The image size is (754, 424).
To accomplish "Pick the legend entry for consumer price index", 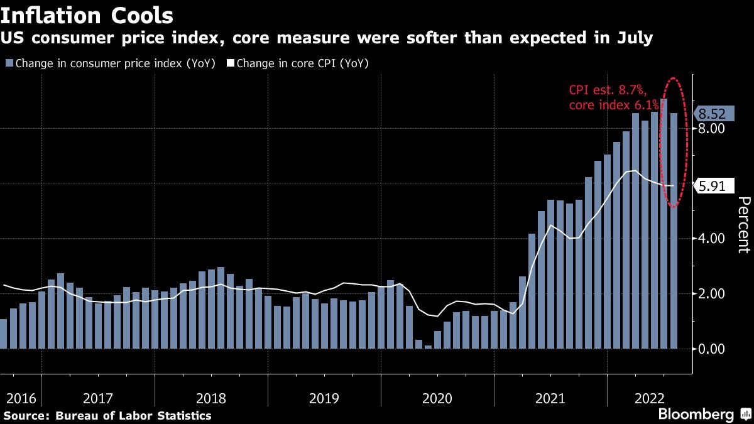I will [x=113, y=63].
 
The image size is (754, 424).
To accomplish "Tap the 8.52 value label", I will [x=712, y=114].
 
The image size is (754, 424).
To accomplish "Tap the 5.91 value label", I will [x=712, y=185].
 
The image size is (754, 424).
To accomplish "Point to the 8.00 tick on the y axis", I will [x=712, y=128].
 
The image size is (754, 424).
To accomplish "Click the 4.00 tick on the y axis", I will [x=712, y=238].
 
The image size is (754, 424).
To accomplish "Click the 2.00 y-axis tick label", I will [x=712, y=293].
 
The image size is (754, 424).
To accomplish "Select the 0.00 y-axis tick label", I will [x=712, y=349].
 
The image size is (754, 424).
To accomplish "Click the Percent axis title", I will [x=743, y=224].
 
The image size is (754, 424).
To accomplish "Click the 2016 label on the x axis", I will [x=21, y=398].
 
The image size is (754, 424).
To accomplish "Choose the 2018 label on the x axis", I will [x=210, y=398].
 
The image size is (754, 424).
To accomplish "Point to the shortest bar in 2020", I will [x=429, y=347].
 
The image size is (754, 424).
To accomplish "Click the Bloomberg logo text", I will [x=696, y=414].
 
